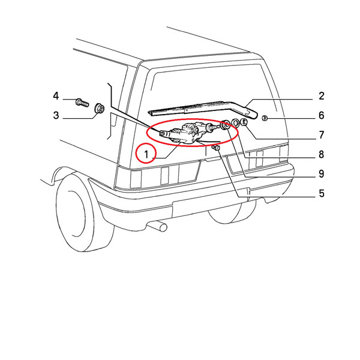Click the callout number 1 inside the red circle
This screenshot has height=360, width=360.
click(x=146, y=154)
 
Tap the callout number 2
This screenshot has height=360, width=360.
click(x=322, y=96)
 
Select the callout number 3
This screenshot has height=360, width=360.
click(x=56, y=115)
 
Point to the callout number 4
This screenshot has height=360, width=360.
click(x=56, y=96)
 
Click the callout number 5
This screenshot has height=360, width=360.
click(x=322, y=193)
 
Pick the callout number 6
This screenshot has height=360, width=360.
click(x=322, y=115)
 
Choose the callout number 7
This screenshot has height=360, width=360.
click(x=322, y=135)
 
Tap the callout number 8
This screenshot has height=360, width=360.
click(x=322, y=154)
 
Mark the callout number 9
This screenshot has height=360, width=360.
click(x=322, y=174)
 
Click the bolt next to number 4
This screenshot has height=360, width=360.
click(x=82, y=103)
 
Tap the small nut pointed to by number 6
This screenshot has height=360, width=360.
click(x=265, y=118)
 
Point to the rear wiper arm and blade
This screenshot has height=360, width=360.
click(x=203, y=110)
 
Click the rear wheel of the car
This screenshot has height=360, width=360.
click(x=85, y=212)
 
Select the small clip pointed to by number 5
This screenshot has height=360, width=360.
click(x=216, y=148)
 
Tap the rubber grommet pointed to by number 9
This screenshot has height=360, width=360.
click(x=226, y=125)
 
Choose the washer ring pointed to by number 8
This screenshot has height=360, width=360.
click(x=235, y=122)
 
